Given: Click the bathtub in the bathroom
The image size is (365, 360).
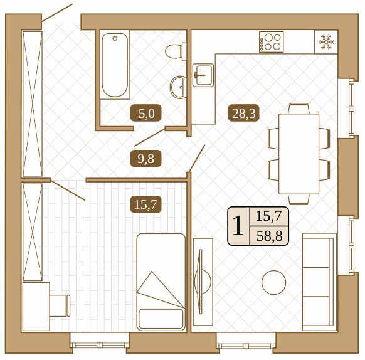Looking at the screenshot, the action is (x=115, y=65).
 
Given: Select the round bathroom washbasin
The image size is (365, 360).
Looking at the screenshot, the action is (x=178, y=87).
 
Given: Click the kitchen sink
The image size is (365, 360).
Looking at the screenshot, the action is (x=203, y=75).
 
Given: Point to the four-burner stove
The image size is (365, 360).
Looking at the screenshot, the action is (x=272, y=42).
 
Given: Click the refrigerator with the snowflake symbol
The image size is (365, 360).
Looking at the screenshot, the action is (x=326, y=42).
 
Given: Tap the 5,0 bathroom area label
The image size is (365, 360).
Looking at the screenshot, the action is (x=146, y=113).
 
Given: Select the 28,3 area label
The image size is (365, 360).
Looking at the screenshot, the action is (x=243, y=113).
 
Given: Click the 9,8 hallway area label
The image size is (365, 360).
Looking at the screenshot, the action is (x=145, y=159).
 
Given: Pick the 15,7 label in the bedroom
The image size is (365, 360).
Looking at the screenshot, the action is (x=145, y=204).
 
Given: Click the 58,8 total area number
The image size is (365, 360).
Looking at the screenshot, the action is (x=269, y=236).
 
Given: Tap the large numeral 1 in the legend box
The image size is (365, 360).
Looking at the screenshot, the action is (x=238, y=225).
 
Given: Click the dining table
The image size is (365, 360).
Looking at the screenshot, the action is (x=299, y=154).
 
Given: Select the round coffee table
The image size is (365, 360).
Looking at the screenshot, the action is (x=273, y=282).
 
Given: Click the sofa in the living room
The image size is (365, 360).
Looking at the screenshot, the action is (x=319, y=282).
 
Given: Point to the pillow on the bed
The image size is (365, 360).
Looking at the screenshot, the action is (x=161, y=319).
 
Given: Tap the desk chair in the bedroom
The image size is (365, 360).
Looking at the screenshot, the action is (x=60, y=305).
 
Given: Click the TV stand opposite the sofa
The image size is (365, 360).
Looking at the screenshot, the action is (x=203, y=282).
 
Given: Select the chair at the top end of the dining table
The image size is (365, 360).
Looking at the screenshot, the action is (x=299, y=109).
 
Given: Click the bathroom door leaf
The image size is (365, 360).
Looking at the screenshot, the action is (x=149, y=137).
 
